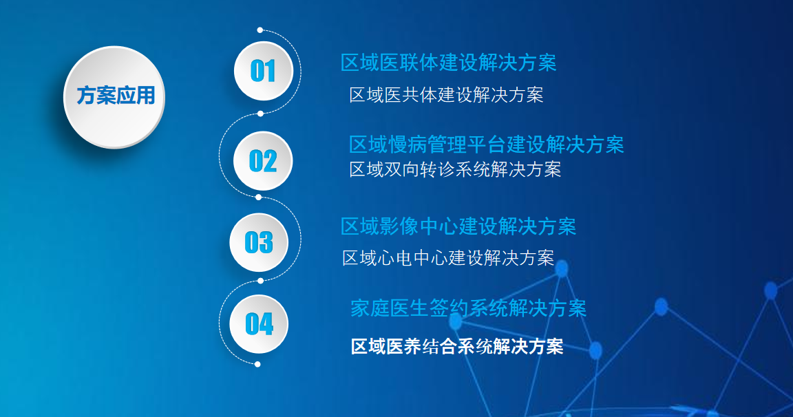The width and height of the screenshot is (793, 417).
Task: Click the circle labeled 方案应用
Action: point(114,97)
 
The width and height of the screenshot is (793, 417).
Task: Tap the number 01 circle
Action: point(264,72)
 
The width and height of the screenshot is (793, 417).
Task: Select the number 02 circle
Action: point(263,161)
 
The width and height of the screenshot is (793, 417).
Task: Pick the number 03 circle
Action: point(259,243)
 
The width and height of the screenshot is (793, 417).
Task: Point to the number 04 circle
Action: point(259,324)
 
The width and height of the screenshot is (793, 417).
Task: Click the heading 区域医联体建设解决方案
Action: point(449,63)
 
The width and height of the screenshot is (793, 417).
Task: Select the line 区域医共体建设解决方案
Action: point(446,94)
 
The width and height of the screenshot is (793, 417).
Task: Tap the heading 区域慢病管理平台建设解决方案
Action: point(487,145)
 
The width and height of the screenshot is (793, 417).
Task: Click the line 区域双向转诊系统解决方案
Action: point(455,169)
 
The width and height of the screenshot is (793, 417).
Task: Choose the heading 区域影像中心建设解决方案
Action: point(458,226)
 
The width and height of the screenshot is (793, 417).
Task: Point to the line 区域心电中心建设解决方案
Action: point(448,258)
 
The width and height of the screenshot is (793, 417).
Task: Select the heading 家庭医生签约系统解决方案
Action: point(468,308)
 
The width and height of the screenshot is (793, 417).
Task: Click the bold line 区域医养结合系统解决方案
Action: point(457,347)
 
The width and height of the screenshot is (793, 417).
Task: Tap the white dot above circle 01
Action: point(260,30)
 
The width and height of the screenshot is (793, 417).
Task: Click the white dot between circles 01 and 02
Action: point(260,114)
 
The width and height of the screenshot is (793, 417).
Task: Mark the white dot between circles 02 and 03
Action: point(258,197)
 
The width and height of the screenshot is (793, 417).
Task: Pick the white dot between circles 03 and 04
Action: point(260,281)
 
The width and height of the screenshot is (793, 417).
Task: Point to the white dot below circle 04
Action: point(257,365)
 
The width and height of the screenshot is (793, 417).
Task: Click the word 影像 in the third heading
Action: point(399,226)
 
